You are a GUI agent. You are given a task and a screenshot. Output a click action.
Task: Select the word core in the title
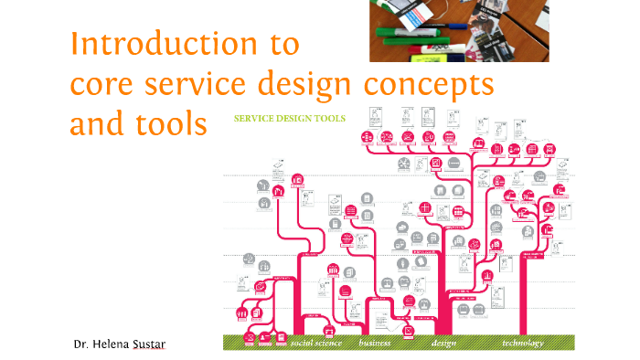tap(102, 84)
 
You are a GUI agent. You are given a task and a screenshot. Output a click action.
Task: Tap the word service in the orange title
tap(204, 84)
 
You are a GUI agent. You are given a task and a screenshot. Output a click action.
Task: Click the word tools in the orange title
tap(173, 124)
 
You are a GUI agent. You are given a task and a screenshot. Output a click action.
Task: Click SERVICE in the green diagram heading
tap(253, 118)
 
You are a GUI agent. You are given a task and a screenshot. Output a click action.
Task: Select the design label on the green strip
tap(443, 344)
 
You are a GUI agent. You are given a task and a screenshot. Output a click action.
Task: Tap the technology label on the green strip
tap(522, 344)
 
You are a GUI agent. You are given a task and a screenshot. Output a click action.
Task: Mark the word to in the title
tap(284, 44)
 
